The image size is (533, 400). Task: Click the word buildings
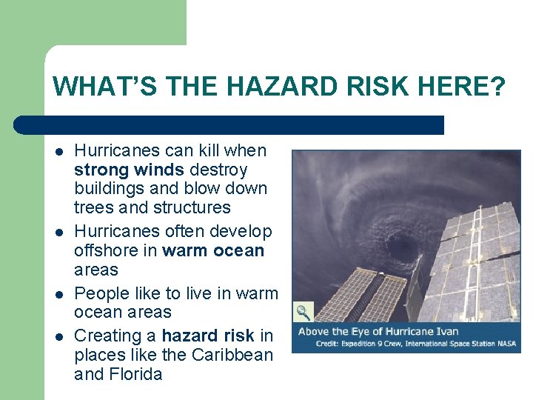point(107,189)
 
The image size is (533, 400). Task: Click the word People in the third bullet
point(100,293)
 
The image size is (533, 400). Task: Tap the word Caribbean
point(232,355)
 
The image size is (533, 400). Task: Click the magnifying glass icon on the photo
point(304,311)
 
